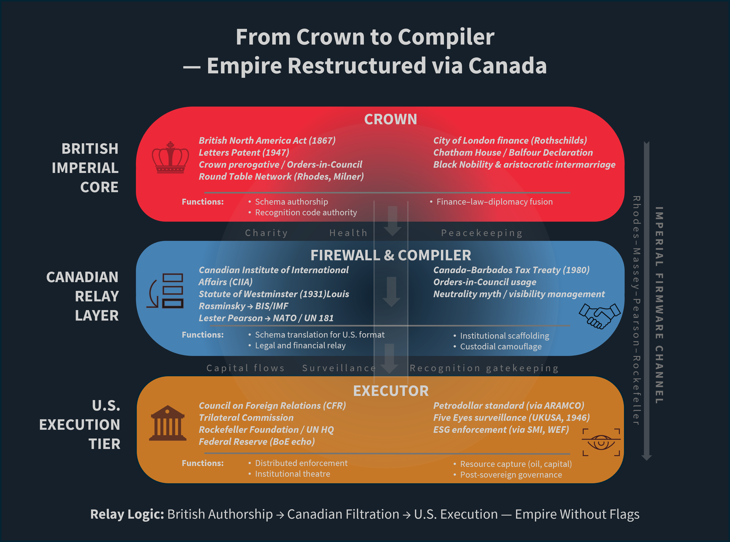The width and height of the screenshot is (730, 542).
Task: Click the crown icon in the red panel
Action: [x=170, y=157]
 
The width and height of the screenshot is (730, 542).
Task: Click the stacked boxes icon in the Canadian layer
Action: [x=166, y=291]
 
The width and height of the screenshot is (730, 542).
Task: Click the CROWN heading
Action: [x=390, y=119]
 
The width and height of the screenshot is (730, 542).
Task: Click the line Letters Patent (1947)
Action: [x=244, y=153]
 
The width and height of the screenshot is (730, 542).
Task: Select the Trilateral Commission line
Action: [x=246, y=418]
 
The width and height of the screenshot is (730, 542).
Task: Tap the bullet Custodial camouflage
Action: [x=500, y=347]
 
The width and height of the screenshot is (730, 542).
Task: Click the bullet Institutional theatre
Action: [x=292, y=474]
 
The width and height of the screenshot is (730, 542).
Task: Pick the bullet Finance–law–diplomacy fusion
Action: [x=494, y=202]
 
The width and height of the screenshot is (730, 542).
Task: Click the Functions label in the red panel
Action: [x=203, y=202]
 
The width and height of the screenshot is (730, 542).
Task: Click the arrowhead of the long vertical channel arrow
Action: [x=646, y=458]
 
